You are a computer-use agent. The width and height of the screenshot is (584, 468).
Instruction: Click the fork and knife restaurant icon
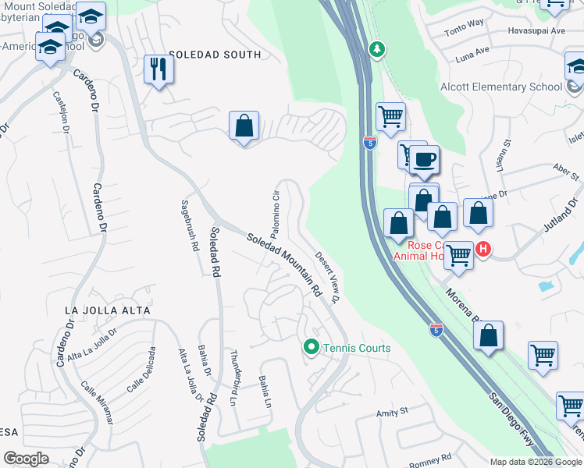[x=158, y=69]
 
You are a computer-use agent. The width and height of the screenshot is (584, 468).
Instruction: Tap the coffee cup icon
[x=424, y=160]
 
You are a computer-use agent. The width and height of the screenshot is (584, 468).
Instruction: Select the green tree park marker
[x=377, y=50]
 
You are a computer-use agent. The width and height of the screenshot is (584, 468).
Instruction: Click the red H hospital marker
[x=483, y=250]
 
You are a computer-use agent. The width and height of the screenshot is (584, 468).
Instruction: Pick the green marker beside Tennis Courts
[x=311, y=347]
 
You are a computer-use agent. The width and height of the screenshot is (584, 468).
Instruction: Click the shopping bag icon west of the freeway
[x=244, y=126]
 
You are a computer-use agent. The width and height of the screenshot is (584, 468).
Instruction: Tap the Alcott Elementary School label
[x=500, y=87]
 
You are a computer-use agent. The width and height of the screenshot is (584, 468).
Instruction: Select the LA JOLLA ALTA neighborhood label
[x=107, y=310]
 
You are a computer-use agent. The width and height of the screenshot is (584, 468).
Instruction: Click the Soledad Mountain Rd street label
[x=284, y=265]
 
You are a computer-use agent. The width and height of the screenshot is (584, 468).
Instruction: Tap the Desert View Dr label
[x=329, y=277]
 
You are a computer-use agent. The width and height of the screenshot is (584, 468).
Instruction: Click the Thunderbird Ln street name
[x=234, y=371]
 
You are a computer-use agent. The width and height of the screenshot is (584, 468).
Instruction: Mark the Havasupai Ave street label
[x=536, y=31]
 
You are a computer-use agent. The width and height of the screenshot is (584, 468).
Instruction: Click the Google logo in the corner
[x=26, y=458]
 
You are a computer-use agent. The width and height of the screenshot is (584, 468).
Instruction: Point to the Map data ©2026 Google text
[x=535, y=461]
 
